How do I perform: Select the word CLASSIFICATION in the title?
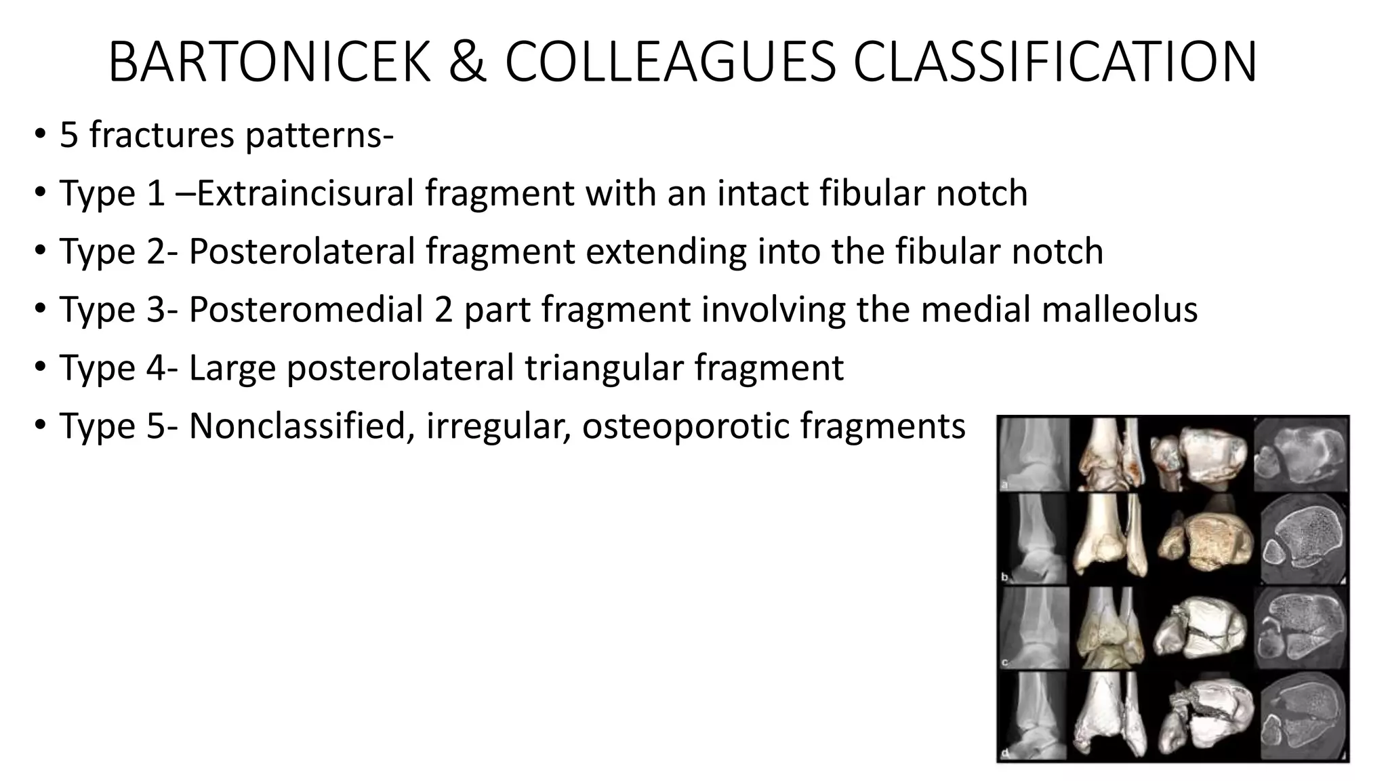[x=1055, y=62]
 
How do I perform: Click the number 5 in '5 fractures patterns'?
[x=68, y=135]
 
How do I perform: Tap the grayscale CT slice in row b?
[x=1301, y=540]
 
